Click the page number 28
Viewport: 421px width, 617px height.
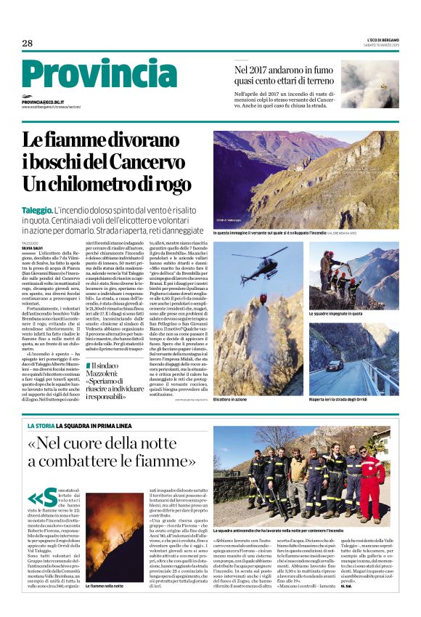(x=28, y=43)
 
